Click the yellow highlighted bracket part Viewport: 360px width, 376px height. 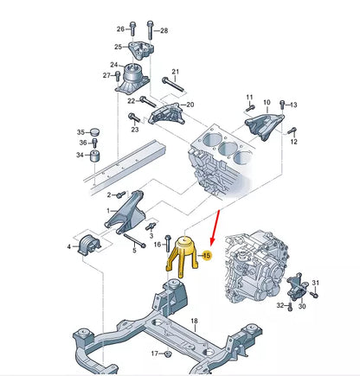click(x=183, y=256)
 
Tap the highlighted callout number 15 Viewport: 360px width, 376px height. click(x=206, y=255)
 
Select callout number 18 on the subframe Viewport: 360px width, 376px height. click(x=195, y=321)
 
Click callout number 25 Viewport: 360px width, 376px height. click(x=118, y=47)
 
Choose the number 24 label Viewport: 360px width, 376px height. click(x=114, y=65)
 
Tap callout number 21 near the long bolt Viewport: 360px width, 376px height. click(x=174, y=72)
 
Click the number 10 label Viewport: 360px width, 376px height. click(x=267, y=102)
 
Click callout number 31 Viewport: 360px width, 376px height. click(x=316, y=283)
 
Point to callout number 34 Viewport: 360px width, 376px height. click(x=80, y=156)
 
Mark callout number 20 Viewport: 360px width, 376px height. click(x=190, y=104)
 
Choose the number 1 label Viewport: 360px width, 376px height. click(x=108, y=210)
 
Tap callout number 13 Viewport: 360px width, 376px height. click(x=292, y=105)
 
